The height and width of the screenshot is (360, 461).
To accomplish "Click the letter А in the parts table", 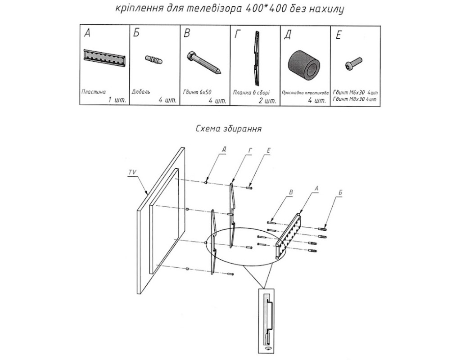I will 87,34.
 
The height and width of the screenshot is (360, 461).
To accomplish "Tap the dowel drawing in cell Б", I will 154,59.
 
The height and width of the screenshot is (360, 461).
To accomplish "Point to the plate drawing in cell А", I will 104,58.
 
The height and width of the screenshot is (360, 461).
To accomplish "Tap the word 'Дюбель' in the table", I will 141,92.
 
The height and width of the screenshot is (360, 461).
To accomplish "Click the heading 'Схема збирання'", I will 229,128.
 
